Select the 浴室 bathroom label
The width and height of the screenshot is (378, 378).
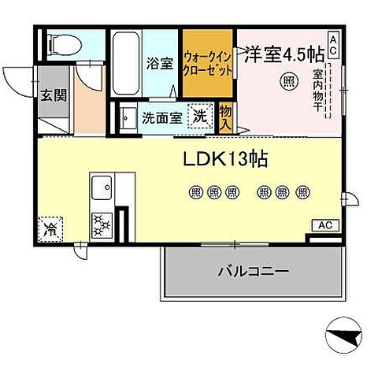pyautogui.click(x=161, y=63)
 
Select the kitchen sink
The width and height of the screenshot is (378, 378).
pyautogui.click(x=103, y=190)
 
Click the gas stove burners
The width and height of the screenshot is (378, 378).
pyautogui.click(x=103, y=224)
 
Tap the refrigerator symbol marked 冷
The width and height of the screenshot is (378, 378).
pyautogui.click(x=50, y=232)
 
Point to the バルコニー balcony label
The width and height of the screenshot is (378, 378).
pyautogui.click(x=252, y=272)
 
